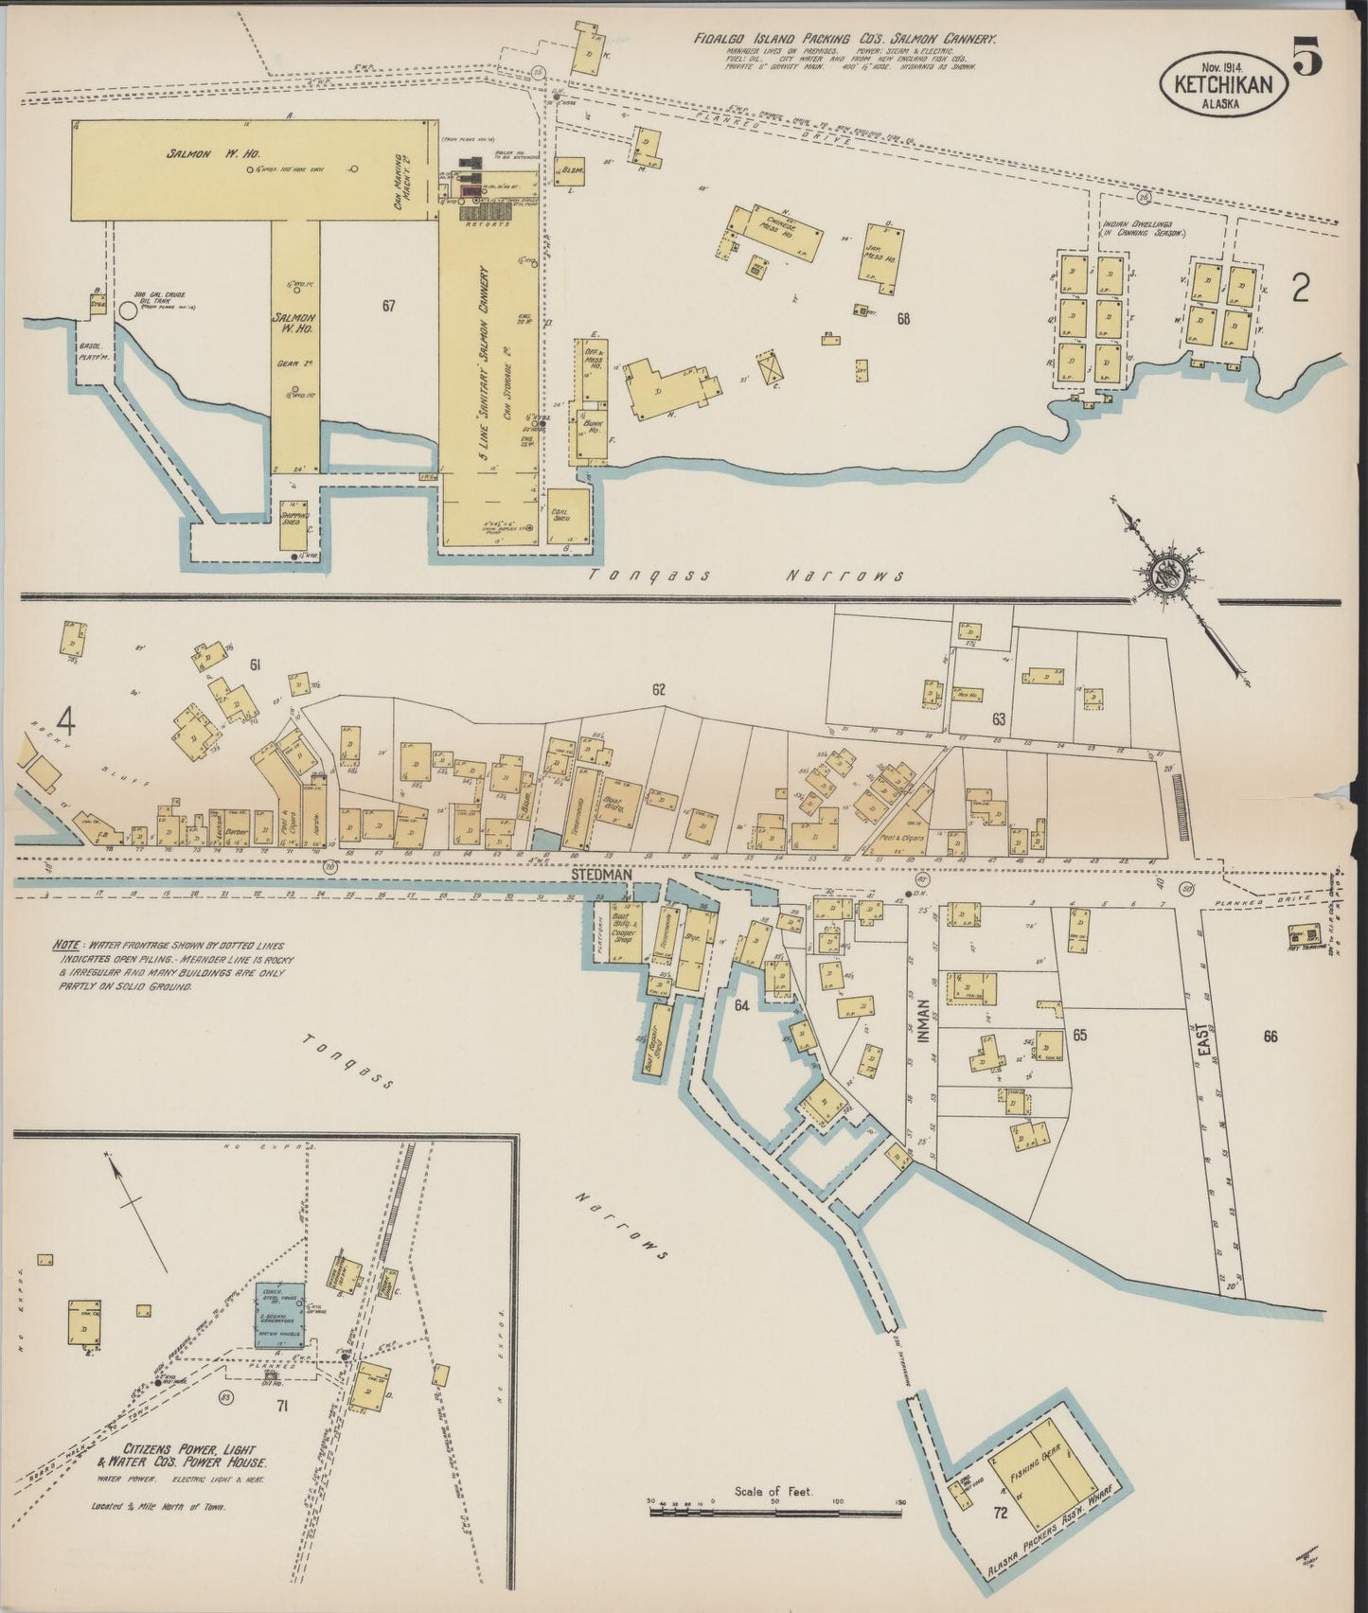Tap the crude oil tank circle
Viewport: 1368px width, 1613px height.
click(x=126, y=310)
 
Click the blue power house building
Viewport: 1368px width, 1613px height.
click(x=281, y=1315)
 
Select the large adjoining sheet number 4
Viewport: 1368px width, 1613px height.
click(x=65, y=721)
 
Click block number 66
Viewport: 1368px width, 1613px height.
click(x=1270, y=1037)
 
